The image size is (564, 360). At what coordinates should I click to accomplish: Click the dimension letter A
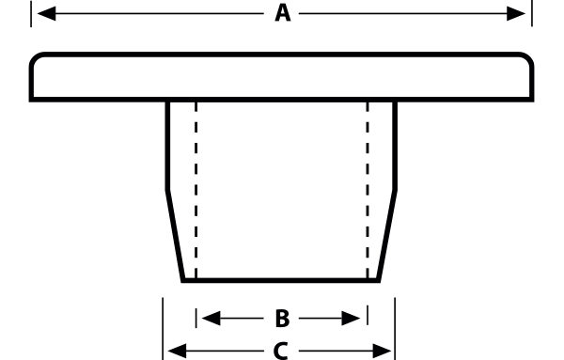[x=283, y=14]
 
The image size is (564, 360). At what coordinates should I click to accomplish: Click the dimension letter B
[x=282, y=319]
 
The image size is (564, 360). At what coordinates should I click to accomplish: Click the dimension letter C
[x=280, y=351]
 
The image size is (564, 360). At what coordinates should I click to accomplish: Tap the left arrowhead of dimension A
[x=47, y=14]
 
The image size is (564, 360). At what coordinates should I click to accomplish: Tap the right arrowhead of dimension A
[x=516, y=14]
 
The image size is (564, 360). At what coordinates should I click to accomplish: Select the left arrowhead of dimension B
[x=211, y=319]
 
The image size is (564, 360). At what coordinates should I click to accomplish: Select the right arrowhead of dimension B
[x=351, y=319]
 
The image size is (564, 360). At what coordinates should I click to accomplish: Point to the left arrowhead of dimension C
[x=178, y=351]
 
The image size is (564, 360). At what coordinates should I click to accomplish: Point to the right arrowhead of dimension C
[x=382, y=351]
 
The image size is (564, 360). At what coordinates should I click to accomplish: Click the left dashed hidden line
[x=196, y=190]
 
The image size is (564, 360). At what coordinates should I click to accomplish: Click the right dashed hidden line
[x=368, y=190]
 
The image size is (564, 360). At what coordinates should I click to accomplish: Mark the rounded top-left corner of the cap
[x=36, y=58]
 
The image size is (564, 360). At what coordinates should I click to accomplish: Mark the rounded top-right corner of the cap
[x=528, y=58]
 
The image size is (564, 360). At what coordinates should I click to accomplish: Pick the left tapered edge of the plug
[x=175, y=236]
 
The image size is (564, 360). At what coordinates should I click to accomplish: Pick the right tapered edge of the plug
[x=387, y=236]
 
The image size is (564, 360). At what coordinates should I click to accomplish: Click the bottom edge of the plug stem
[x=280, y=280]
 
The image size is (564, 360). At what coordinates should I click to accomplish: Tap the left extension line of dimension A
[x=31, y=14]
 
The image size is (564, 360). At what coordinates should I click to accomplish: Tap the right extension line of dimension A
[x=532, y=13]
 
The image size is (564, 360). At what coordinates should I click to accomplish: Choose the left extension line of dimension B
[x=196, y=318]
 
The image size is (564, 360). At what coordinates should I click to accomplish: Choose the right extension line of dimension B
[x=368, y=315]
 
